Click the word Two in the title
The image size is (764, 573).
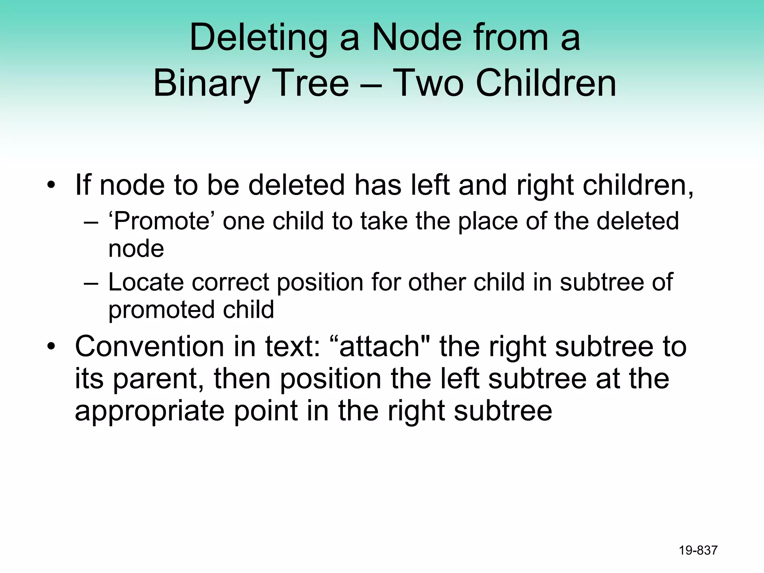pyautogui.click(x=429, y=84)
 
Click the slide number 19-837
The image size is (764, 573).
pyautogui.click(x=698, y=550)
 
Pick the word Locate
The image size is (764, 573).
pyautogui.click(x=146, y=282)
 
